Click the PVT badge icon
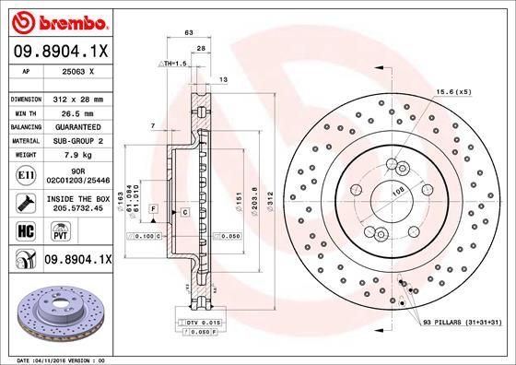coord(53,233)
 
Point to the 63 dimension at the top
coord(189,33)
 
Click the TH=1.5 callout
coord(174,63)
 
